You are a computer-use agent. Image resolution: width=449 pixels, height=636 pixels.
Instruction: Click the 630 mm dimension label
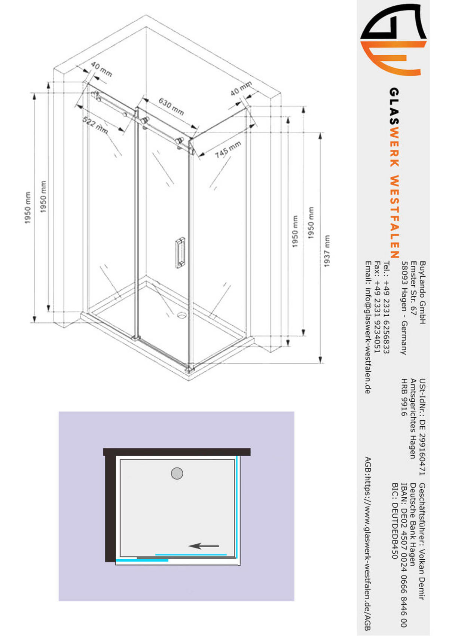(x=171, y=106)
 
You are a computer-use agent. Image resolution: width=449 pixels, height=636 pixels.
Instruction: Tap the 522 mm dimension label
(x=95, y=125)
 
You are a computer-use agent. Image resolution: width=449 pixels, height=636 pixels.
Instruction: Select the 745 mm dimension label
(x=227, y=149)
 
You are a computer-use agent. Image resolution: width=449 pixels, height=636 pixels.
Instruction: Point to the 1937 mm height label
(x=327, y=251)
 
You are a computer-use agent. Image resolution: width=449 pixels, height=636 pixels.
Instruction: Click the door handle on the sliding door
(x=180, y=252)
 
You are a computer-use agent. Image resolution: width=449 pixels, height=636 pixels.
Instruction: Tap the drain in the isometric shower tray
(x=182, y=315)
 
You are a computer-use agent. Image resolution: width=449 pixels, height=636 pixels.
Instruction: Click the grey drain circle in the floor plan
(x=177, y=474)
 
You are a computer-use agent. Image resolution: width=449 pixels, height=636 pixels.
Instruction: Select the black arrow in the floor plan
(x=204, y=546)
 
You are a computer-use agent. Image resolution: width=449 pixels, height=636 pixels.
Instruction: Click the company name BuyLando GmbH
(x=422, y=292)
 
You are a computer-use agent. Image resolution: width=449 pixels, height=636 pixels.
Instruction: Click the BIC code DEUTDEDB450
(x=394, y=521)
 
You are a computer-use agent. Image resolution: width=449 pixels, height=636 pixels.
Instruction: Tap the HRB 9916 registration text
(x=404, y=397)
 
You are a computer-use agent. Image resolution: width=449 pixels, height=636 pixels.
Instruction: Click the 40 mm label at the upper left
(x=101, y=69)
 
